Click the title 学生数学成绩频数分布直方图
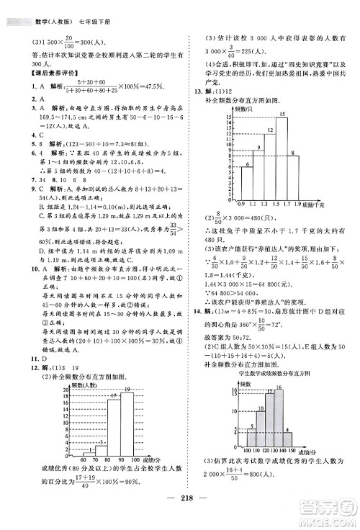[x=272, y=374]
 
